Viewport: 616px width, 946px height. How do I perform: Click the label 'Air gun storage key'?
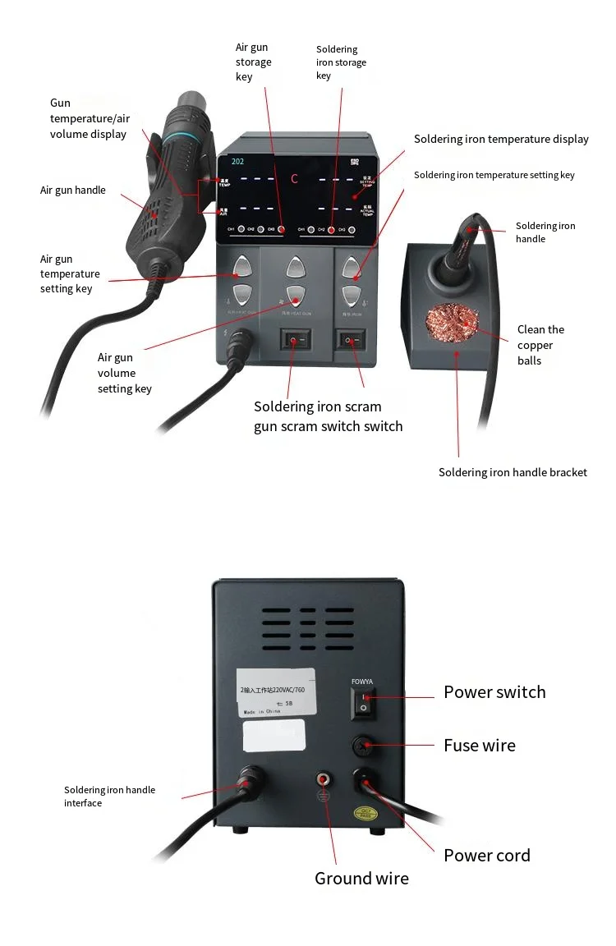[x=253, y=62]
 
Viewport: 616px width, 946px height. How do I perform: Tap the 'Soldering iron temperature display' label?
[x=501, y=140]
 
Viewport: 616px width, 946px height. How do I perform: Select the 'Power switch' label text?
[x=494, y=692]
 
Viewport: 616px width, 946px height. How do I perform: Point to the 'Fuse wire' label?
[x=480, y=746]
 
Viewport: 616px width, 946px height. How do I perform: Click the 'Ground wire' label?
[x=361, y=879]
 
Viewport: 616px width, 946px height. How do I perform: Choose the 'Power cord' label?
[x=487, y=856]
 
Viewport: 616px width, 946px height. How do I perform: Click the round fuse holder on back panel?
[x=363, y=746]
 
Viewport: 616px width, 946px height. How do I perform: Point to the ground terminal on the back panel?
[x=323, y=778]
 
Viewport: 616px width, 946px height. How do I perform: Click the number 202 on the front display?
[x=237, y=162]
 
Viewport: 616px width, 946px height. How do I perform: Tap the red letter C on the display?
[x=294, y=178]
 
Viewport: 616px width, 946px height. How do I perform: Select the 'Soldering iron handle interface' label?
[x=109, y=797]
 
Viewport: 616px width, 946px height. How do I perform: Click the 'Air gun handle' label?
[x=73, y=191]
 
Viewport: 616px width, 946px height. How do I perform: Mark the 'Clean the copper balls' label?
[x=540, y=345]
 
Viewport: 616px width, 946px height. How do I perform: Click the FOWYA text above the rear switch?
[x=362, y=682]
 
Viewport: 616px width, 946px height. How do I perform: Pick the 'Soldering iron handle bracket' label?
[x=513, y=472]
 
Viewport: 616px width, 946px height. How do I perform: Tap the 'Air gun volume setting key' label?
[x=124, y=373]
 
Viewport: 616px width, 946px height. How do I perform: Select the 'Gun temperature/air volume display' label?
[x=88, y=118]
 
